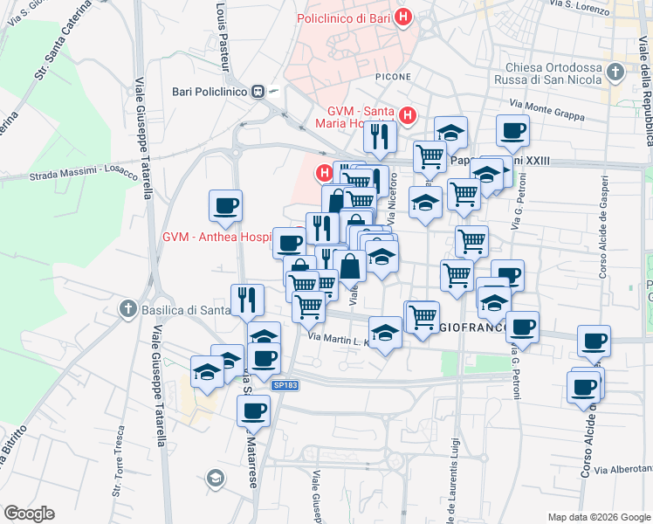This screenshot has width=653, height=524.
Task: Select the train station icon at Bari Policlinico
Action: pyautogui.click(x=258, y=91)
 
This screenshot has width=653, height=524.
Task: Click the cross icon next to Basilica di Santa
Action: pyautogui.click(x=128, y=308)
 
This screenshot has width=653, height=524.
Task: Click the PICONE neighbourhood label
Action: pyautogui.click(x=392, y=77)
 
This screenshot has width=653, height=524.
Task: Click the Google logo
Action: pyautogui.click(x=29, y=514)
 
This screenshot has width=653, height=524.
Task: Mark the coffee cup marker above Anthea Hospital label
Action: pyautogui.click(x=225, y=206)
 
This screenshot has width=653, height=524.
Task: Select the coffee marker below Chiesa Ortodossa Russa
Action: pyautogui.click(x=512, y=131)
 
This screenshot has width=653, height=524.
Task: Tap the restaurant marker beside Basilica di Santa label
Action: pyautogui.click(x=247, y=300)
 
